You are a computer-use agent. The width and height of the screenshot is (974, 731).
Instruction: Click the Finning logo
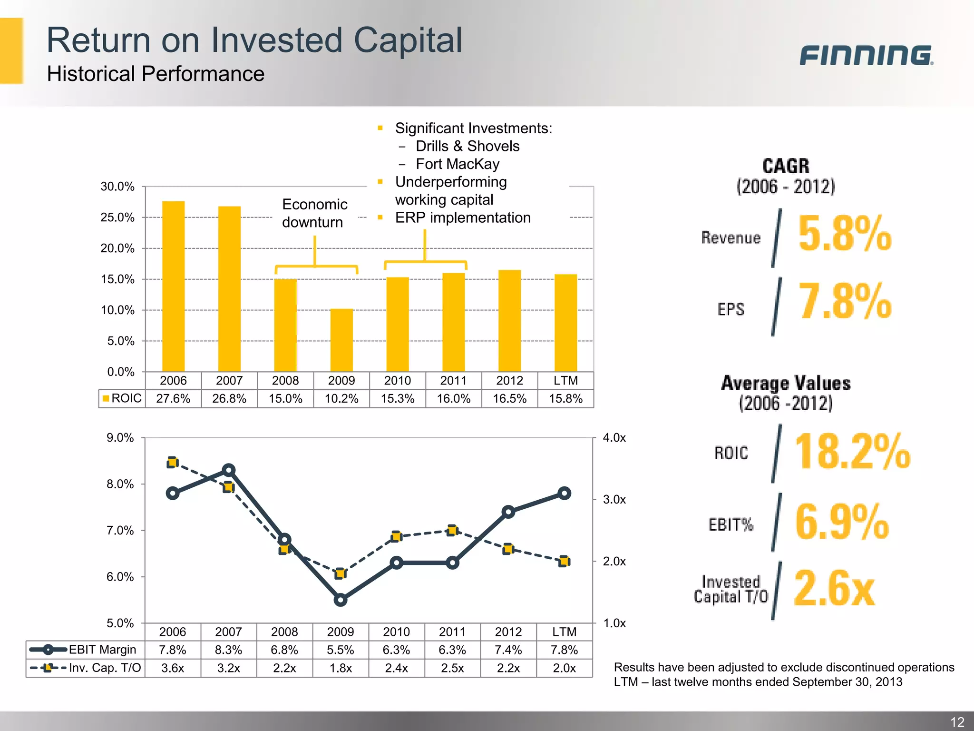click(x=866, y=55)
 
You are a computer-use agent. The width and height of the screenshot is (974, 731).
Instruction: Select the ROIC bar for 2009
click(x=341, y=340)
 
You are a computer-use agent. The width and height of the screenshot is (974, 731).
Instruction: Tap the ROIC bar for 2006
click(x=173, y=286)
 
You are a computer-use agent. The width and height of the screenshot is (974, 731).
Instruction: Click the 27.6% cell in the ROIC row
click(x=173, y=399)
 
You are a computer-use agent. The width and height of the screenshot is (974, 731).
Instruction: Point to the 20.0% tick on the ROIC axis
click(x=117, y=248)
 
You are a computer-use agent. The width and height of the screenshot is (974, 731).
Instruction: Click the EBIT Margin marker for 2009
click(x=341, y=600)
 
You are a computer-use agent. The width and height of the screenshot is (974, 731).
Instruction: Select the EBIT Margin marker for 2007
click(x=229, y=470)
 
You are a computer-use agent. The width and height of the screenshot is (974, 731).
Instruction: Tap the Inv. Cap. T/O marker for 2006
click(x=173, y=463)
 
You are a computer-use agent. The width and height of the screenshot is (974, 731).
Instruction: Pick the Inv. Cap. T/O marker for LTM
click(x=564, y=562)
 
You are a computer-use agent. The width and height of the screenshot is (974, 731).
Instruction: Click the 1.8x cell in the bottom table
click(x=341, y=668)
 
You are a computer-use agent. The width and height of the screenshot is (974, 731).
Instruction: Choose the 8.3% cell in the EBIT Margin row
click(x=229, y=650)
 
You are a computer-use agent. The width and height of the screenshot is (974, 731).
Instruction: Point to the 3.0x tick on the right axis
click(x=614, y=500)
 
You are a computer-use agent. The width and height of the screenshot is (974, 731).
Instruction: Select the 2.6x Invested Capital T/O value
click(x=834, y=589)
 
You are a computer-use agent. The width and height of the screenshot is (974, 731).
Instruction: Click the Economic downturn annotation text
click(x=314, y=213)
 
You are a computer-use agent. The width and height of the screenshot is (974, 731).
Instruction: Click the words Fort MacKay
click(x=458, y=164)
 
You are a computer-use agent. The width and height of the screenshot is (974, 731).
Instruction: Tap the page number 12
click(x=957, y=722)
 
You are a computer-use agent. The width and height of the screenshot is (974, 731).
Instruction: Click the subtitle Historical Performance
click(x=156, y=74)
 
